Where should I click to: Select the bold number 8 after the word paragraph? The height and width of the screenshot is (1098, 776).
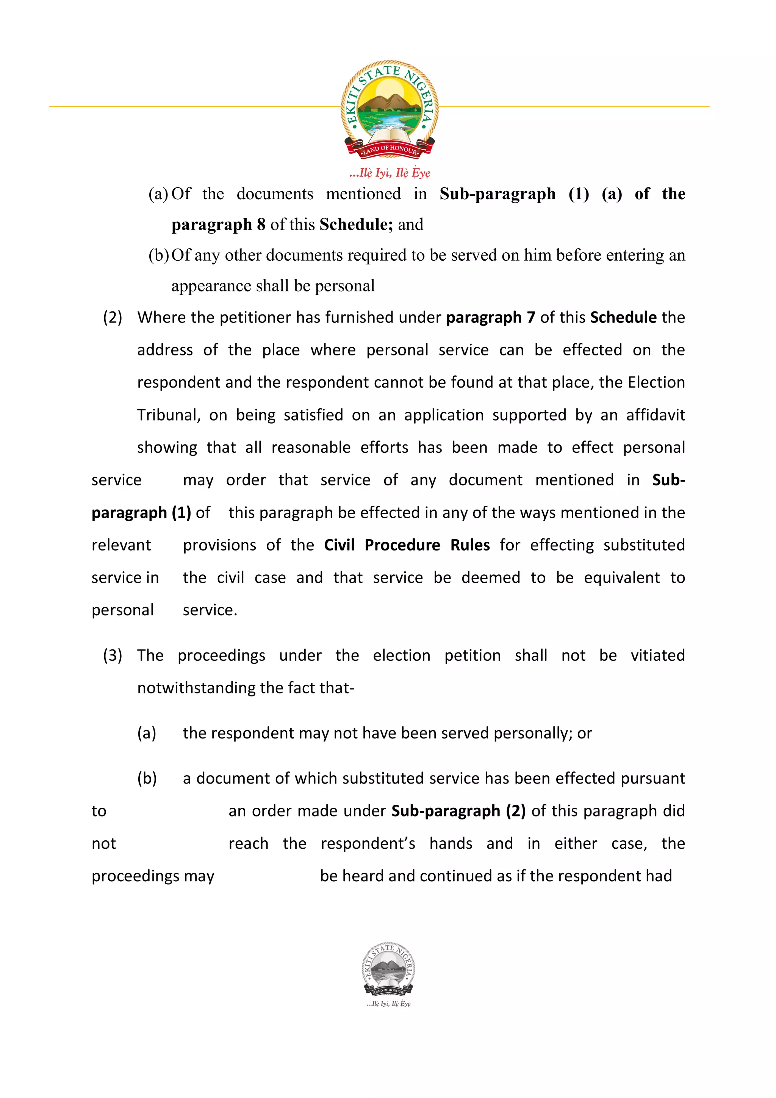click(x=261, y=224)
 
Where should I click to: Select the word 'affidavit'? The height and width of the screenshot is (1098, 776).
click(x=656, y=415)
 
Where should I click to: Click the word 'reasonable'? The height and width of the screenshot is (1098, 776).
click(x=311, y=447)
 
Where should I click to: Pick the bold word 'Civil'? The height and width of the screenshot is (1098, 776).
click(x=339, y=545)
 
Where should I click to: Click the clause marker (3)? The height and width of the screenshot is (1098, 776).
click(x=113, y=655)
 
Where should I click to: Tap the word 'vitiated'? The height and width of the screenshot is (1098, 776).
click(x=657, y=655)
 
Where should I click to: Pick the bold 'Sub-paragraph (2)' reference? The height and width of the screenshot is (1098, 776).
click(x=458, y=811)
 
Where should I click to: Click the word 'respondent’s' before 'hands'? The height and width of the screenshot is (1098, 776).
click(x=368, y=844)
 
